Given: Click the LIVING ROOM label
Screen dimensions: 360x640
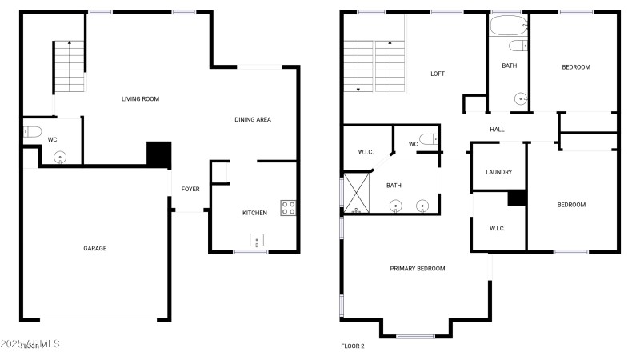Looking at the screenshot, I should [x=140, y=99].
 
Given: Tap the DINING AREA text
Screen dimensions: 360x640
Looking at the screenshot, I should [x=253, y=120].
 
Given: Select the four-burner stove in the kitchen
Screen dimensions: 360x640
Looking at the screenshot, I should [x=288, y=208].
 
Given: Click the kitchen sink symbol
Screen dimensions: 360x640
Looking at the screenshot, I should [x=257, y=240].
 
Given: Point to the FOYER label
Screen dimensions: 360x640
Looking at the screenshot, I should [x=190, y=190].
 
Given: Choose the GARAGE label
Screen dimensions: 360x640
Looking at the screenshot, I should [x=94, y=248].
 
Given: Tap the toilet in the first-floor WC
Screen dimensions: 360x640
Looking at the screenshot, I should [x=32, y=132].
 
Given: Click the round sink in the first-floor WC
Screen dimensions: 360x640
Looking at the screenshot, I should [x=61, y=158].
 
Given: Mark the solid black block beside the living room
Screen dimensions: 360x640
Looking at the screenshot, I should [x=159, y=154].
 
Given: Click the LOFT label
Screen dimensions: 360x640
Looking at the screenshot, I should [x=438, y=74].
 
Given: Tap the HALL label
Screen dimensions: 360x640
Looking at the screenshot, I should [x=497, y=129].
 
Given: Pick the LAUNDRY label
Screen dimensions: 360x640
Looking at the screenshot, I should [x=498, y=172].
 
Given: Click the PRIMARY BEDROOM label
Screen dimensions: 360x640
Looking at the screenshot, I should [x=418, y=269].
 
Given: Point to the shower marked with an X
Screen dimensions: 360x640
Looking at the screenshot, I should [x=357, y=193].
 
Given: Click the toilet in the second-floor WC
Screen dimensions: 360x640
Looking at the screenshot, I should [x=429, y=138].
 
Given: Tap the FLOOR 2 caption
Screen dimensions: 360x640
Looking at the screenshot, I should [x=353, y=346].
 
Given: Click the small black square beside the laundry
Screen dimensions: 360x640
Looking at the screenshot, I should [x=517, y=198].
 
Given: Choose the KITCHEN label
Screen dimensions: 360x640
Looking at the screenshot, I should [x=254, y=213].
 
